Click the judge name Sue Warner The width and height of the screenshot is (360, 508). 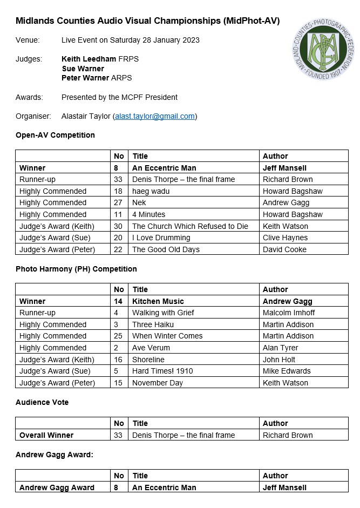tap(83, 69)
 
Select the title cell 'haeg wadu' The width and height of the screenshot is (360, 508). tap(151, 191)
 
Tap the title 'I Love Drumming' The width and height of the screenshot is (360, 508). tap(161, 238)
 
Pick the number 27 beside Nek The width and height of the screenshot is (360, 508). tap(118, 203)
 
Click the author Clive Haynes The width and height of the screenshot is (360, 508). tap(285, 238)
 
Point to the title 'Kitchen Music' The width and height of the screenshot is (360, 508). tap(158, 301)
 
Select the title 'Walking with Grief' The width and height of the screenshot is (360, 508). tap(163, 313)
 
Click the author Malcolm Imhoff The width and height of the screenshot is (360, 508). tap(289, 313)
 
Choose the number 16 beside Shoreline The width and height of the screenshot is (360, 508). tap(118, 360)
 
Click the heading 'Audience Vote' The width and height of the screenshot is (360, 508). tap(42, 402)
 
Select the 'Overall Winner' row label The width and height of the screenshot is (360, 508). tap(46, 435)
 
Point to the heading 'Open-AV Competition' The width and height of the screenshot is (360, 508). tap(55, 135)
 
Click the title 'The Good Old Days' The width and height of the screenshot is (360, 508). tap(166, 249)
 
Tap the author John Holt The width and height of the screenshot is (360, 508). tap(281, 360)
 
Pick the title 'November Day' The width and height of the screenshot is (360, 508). tap(158, 383)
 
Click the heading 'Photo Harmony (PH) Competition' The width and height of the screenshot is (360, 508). tap(76, 269)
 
